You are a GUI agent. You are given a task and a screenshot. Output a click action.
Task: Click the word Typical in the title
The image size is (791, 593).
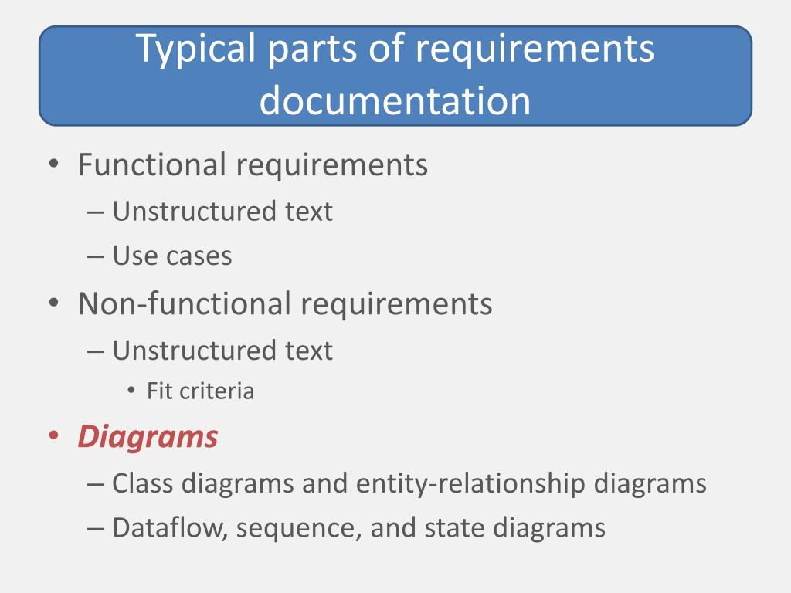pyautogui.click(x=196, y=50)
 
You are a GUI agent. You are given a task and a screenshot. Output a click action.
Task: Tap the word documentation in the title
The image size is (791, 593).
pyautogui.click(x=395, y=100)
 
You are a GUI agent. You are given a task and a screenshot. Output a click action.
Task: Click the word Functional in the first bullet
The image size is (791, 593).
pyautogui.click(x=152, y=164)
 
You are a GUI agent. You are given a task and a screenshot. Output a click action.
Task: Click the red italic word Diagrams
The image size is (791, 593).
pyautogui.click(x=148, y=437)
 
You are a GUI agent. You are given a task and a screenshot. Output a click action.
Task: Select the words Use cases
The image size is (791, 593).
pyautogui.click(x=171, y=256)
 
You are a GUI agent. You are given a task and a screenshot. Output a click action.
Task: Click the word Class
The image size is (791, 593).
pyautogui.click(x=143, y=483)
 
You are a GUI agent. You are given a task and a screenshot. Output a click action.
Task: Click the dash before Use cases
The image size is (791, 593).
pyautogui.click(x=96, y=256)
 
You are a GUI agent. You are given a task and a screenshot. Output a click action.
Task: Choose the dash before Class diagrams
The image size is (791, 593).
pyautogui.click(x=96, y=484)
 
